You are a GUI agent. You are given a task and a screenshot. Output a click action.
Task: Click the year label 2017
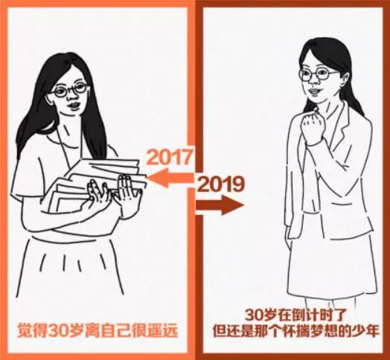pyautogui.click(x=170, y=158)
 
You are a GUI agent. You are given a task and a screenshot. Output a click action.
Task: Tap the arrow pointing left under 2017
pyautogui.click(x=170, y=177)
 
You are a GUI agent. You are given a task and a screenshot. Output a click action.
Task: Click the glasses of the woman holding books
pyautogui.click(x=71, y=90)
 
